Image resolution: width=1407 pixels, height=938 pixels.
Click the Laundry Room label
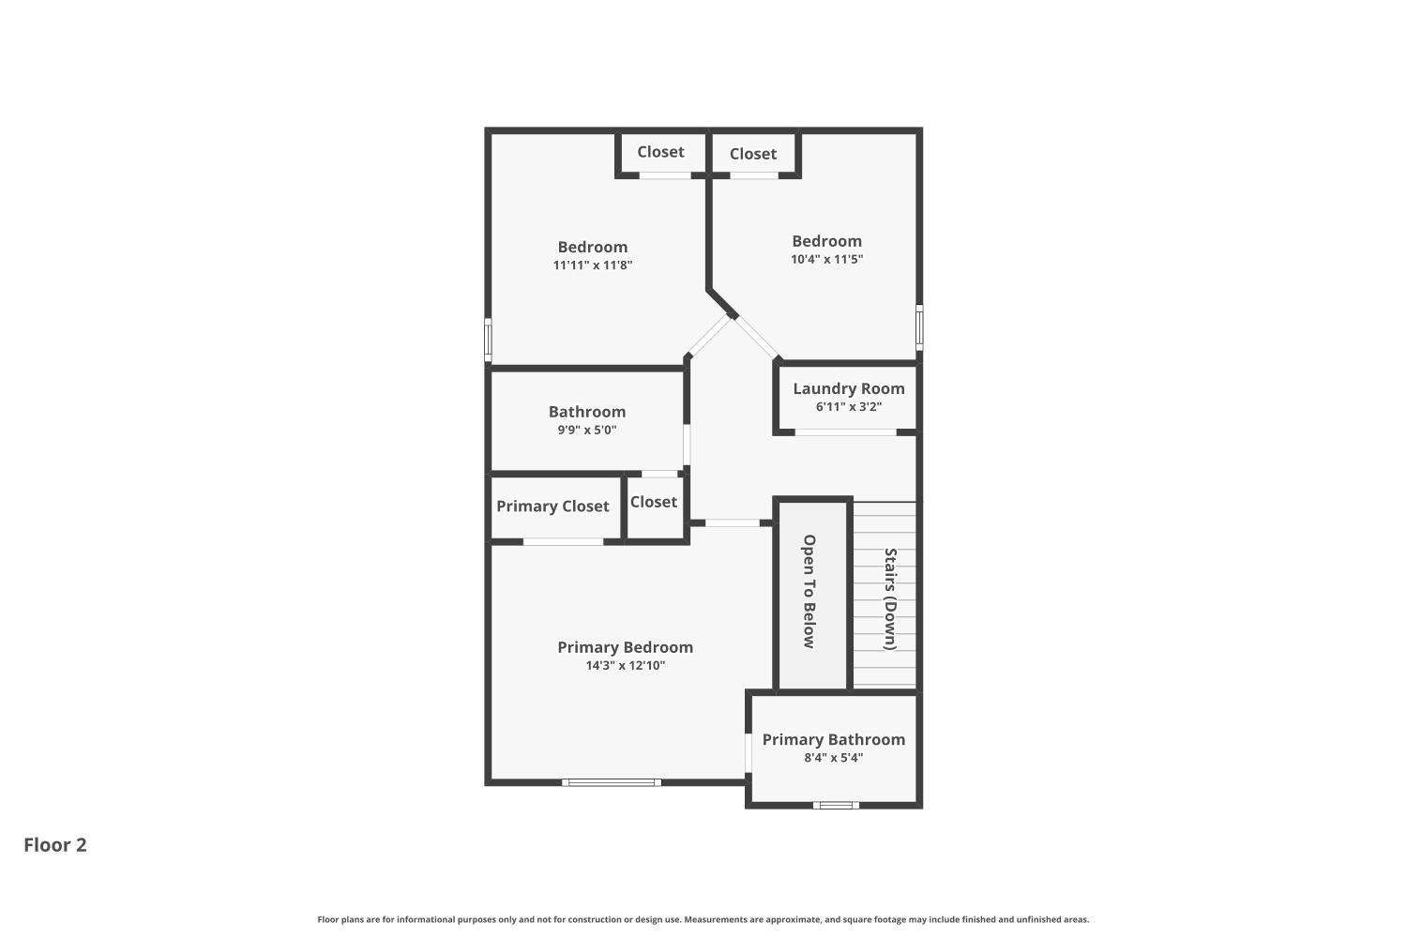tap(848, 388)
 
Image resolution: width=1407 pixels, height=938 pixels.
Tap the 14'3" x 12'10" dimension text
tap(625, 666)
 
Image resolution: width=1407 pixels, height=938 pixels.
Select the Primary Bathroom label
tap(833, 739)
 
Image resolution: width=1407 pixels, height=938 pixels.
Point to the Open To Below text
tap(809, 591)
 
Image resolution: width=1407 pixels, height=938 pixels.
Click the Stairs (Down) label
tap(890, 598)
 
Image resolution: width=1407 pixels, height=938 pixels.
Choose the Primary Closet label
tap(552, 507)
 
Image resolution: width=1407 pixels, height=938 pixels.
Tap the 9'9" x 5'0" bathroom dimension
tap(586, 431)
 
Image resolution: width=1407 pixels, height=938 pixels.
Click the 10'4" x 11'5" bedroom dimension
tap(826, 259)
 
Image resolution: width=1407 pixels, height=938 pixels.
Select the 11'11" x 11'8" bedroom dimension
tap(592, 265)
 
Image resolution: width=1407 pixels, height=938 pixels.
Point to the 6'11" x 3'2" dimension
tap(848, 407)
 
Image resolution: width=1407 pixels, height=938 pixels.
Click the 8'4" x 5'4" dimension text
tap(833, 758)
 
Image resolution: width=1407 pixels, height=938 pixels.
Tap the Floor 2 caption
tap(55, 844)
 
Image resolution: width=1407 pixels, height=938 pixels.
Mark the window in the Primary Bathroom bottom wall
tap(835, 804)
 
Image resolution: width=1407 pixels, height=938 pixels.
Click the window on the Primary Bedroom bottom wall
tap(612, 781)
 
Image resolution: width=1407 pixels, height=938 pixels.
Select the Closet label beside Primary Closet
tap(653, 502)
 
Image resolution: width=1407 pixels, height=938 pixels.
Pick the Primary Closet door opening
tap(563, 541)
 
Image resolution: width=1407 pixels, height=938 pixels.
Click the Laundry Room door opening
tap(845, 432)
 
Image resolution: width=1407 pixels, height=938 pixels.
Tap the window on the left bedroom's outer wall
tap(488, 340)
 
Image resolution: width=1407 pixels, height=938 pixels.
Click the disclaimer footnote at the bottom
tap(703, 920)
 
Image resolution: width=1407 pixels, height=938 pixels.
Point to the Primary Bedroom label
tap(625, 647)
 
